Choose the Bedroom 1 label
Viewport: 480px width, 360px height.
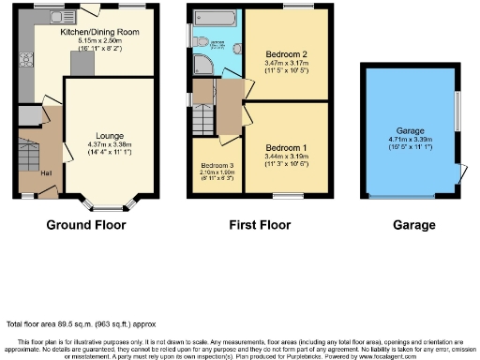tap(285, 149)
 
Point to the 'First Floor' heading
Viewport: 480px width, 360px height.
tap(259, 226)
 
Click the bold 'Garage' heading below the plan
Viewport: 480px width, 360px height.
tap(413, 226)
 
